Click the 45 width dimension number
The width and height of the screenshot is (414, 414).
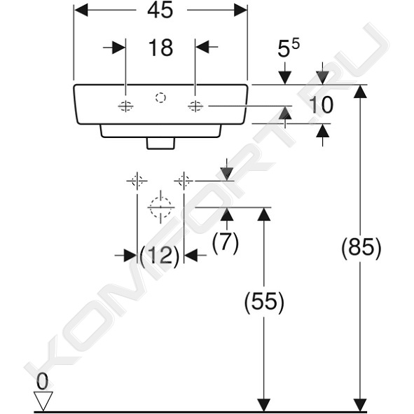160,11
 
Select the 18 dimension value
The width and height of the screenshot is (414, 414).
160,48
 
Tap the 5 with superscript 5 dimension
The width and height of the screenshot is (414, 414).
289,48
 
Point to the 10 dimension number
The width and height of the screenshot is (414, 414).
321,105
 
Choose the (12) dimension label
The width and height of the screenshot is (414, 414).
160,256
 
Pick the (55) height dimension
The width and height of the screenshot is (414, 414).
264,302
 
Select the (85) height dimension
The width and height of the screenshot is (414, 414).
361,248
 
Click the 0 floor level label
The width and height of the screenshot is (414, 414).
42,382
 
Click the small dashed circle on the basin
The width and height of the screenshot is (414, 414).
160,97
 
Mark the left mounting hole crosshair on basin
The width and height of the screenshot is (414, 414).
125,106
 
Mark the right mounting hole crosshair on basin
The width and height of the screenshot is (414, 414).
195,106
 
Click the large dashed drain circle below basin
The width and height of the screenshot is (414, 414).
161,207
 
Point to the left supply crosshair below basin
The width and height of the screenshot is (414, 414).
137,181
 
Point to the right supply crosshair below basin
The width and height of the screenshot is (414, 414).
184,181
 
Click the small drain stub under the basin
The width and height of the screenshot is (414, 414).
161,143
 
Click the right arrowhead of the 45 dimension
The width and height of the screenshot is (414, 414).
240,11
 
